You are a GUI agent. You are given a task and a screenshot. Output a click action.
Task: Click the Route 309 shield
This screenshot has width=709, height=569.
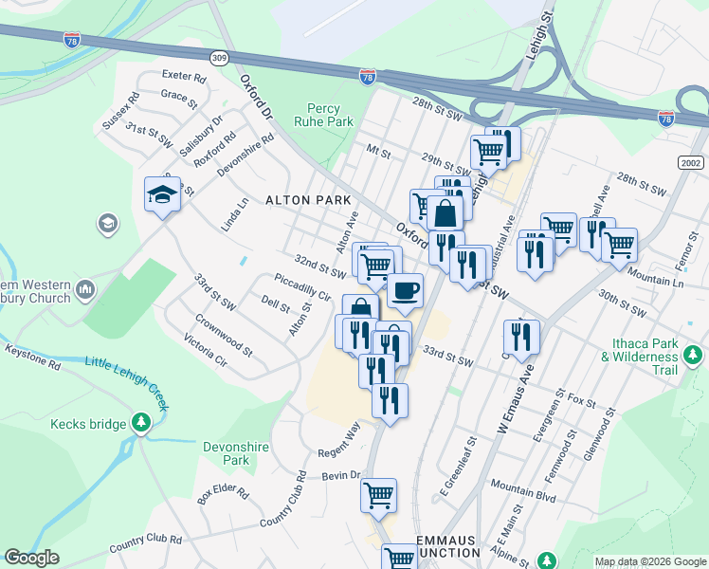220,58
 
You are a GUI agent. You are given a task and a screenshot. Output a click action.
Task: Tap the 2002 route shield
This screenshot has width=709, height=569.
692,163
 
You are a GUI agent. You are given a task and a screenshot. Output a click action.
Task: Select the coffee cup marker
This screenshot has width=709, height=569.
406,290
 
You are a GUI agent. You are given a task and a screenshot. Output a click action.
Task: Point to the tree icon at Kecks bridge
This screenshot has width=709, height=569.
141,420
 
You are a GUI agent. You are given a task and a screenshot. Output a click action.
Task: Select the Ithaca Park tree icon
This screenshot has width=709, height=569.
693,356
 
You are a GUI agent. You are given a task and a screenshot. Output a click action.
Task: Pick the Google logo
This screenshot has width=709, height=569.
32,558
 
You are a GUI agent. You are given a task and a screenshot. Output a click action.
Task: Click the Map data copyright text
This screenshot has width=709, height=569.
650,561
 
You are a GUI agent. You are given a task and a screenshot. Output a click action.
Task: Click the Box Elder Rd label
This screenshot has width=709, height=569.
223,495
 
